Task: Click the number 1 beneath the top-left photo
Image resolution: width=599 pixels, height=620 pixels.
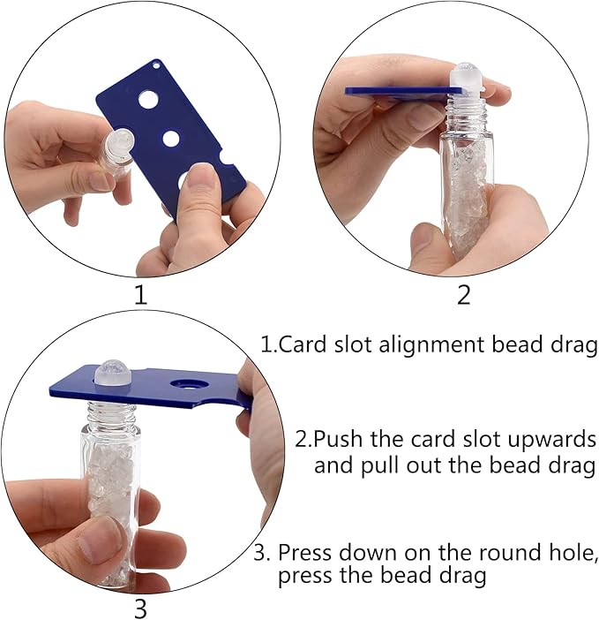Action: point(140,295)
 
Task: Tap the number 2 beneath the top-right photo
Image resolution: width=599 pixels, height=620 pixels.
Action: point(464,295)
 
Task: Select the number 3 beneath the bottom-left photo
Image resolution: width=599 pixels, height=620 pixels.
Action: point(140,608)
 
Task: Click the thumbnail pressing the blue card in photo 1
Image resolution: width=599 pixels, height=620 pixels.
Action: point(199,181)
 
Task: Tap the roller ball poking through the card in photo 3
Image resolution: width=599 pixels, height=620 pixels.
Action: point(112,372)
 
